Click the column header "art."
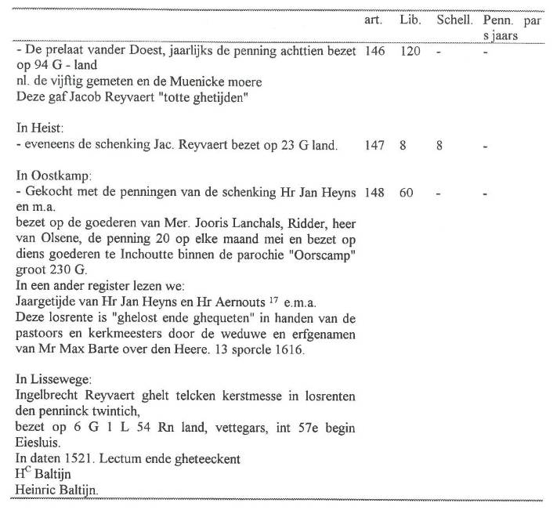(374, 20)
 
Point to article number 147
(374, 145)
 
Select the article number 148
(374, 193)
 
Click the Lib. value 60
(406, 193)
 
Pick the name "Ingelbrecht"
(46, 397)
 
